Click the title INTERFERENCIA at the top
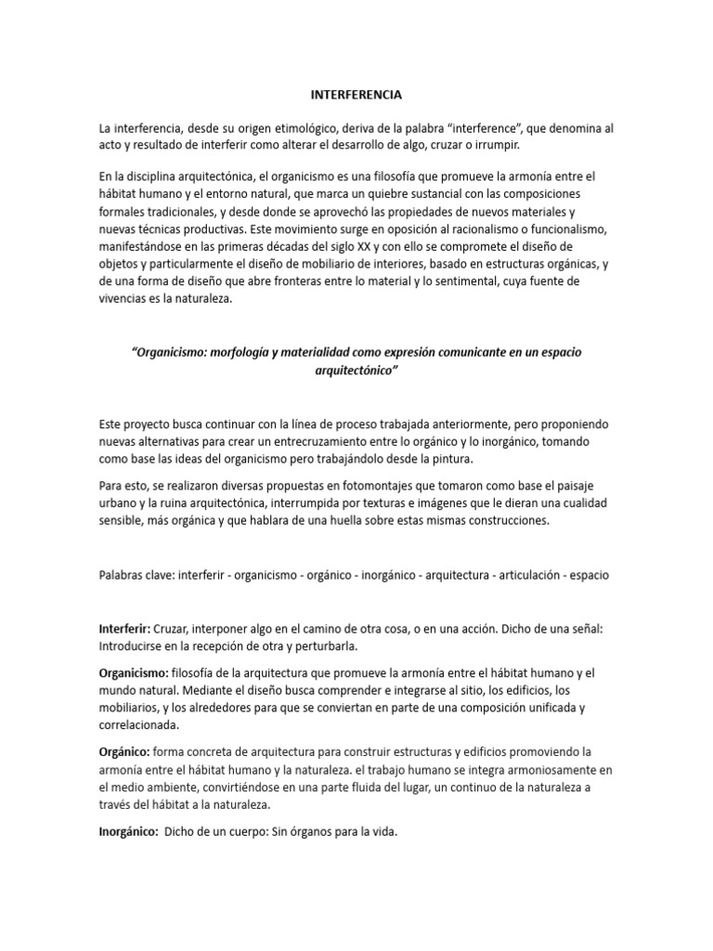click(x=356, y=94)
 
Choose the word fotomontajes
click(x=315, y=486)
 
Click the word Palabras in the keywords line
click(x=123, y=574)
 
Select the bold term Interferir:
click(x=123, y=628)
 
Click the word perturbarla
click(x=320, y=645)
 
